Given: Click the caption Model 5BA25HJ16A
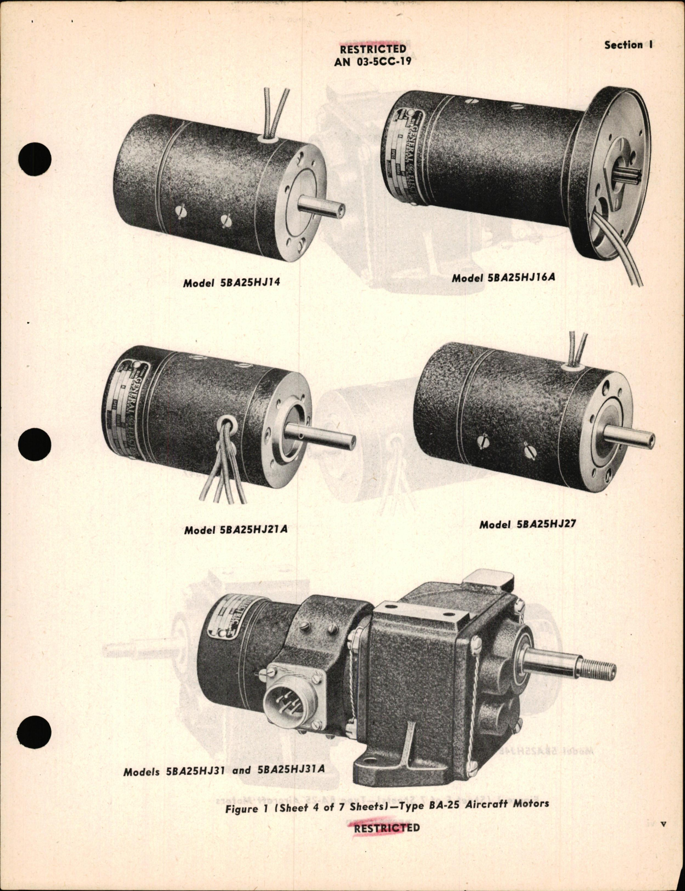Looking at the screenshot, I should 503,277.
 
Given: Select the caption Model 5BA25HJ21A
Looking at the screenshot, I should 236,530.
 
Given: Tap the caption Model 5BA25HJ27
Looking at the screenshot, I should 528,524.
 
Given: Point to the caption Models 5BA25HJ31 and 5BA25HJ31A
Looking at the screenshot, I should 224,770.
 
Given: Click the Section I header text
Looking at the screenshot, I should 628,45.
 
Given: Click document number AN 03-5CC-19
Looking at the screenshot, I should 373,62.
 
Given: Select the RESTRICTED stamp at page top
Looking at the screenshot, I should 373,49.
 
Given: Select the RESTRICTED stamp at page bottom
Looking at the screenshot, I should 387,827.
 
